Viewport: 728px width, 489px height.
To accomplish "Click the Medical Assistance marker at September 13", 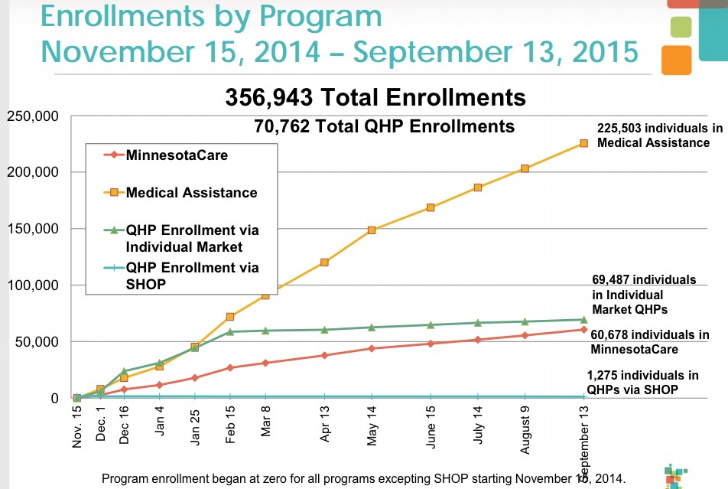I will (x=583, y=143).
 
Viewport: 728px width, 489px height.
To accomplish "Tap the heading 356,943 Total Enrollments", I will (x=375, y=98).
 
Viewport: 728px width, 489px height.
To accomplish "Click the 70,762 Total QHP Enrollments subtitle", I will (x=384, y=126).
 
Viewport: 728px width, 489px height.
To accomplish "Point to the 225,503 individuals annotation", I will (x=659, y=135).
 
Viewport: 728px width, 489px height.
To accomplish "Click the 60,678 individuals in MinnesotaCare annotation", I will (x=650, y=342).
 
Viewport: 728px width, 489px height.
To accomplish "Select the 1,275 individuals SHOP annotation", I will (x=642, y=382).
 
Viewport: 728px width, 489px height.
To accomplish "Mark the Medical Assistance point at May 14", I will (x=372, y=230).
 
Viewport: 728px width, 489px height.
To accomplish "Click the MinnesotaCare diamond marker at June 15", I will (x=431, y=344).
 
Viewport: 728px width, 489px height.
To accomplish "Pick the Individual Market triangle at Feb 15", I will (x=230, y=331).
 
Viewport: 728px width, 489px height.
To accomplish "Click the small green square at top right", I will (x=679, y=27).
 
